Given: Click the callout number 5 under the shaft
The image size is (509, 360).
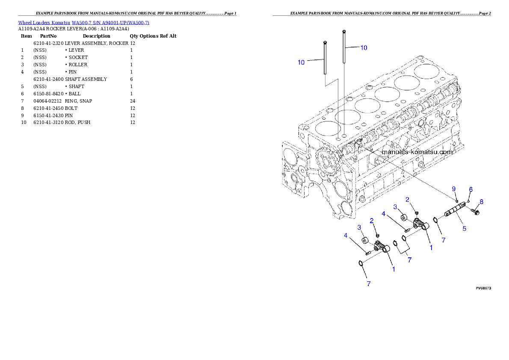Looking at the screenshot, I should [x=465, y=229].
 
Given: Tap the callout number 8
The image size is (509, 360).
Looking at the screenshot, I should [x=481, y=202].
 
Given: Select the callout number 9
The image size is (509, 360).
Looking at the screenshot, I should [x=454, y=189].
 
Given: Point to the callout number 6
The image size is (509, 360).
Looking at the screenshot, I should [x=471, y=189].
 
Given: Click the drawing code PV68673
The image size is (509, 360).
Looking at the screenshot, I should [x=483, y=289].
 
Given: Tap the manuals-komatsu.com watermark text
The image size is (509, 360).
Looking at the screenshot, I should [x=417, y=152].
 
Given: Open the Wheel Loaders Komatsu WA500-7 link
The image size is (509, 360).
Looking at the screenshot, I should [x=83, y=23].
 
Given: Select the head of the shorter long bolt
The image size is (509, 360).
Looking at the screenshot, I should [x=326, y=42].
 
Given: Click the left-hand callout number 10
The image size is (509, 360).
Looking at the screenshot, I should [x=301, y=62].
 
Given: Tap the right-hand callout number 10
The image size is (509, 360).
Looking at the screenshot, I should [x=363, y=48].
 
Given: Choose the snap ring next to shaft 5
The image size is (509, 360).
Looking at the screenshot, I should [x=435, y=221].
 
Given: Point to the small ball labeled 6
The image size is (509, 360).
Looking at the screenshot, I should [x=469, y=201].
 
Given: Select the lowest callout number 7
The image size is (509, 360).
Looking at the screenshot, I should [x=368, y=283].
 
